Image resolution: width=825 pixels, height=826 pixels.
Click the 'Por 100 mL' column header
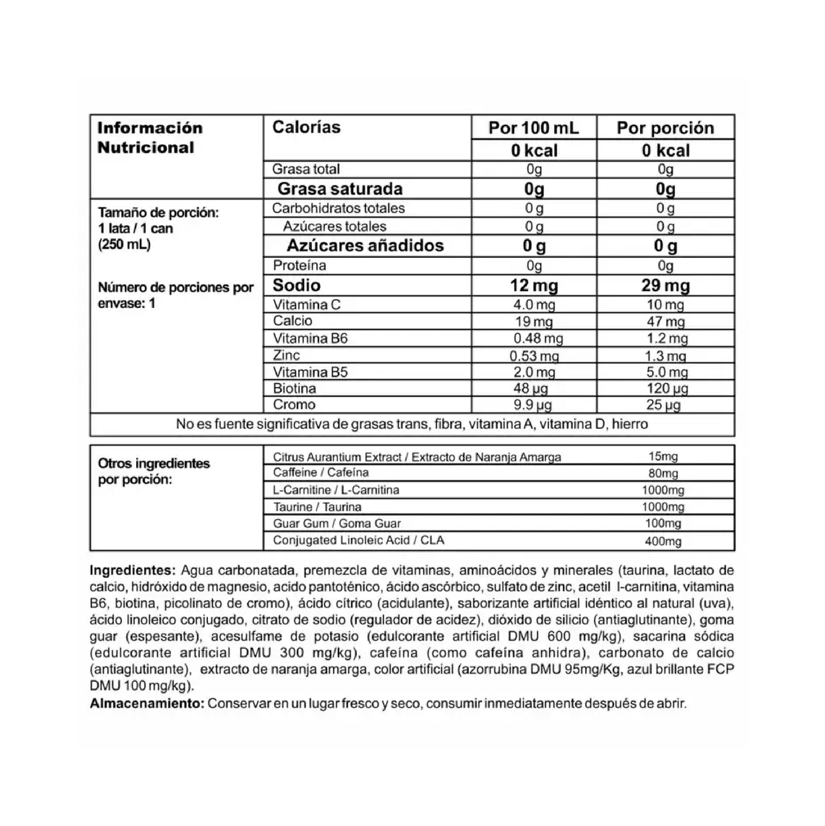tap(534, 128)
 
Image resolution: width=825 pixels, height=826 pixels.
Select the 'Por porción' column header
tap(665, 128)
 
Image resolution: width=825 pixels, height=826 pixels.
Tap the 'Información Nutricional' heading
tap(150, 138)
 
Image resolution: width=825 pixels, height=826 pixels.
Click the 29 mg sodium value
tap(665, 285)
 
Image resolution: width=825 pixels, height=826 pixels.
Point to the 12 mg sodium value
tap(534, 285)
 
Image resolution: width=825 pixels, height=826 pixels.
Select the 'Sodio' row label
tap(297, 285)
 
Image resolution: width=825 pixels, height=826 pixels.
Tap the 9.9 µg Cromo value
tap(532, 404)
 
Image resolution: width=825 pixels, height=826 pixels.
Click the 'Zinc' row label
tap(286, 355)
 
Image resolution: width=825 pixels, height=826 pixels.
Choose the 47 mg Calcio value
tap(665, 321)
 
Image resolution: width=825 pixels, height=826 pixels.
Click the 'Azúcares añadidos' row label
tap(365, 245)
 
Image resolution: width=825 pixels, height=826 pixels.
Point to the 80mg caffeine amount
tap(663, 473)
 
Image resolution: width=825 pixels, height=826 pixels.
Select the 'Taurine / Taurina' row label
tap(317, 507)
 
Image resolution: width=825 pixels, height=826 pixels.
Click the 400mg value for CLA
tap(663, 541)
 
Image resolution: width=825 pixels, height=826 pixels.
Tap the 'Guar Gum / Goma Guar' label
tap(336, 523)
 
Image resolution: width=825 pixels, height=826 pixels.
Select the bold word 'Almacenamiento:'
tap(147, 703)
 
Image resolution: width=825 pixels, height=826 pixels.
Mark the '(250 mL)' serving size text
tap(124, 244)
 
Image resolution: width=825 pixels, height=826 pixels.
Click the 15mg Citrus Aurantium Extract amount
tap(663, 457)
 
